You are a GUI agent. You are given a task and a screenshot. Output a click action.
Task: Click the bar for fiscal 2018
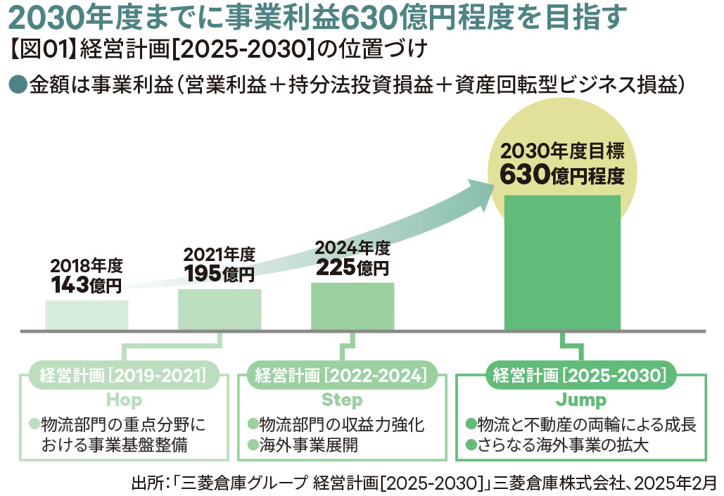pos(87,315)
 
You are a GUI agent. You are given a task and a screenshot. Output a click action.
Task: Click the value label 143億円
pos(87,285)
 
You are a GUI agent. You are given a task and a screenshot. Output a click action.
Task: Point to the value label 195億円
pos(220,274)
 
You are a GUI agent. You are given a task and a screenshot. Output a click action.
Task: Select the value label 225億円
pos(353,267)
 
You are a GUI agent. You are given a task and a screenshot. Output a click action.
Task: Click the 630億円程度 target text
pos(562,174)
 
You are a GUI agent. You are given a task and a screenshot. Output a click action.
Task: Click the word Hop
pos(124,400)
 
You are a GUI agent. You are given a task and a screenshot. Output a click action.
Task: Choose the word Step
pos(342,400)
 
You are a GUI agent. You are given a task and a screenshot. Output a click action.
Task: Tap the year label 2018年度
pos(87,266)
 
